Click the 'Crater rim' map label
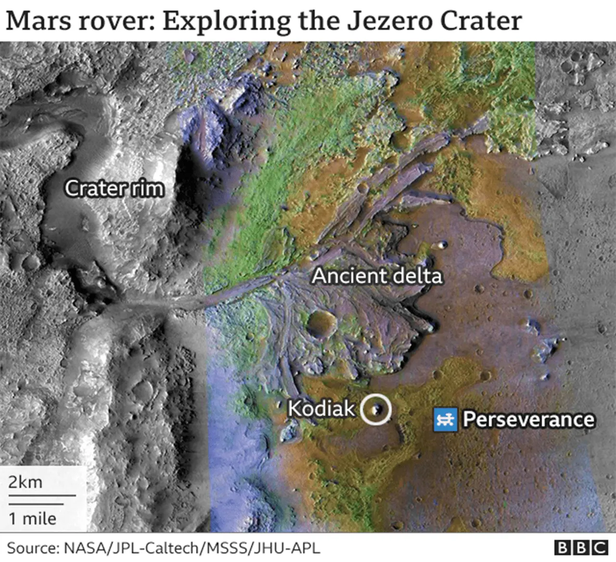click(x=114, y=188)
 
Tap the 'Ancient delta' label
click(x=377, y=276)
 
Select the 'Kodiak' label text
click(x=321, y=409)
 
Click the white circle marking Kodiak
click(x=376, y=409)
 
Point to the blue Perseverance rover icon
click(x=445, y=419)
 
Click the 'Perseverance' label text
click(x=528, y=419)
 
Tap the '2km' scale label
click(x=26, y=482)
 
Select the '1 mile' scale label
click(x=32, y=518)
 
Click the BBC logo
click(x=581, y=548)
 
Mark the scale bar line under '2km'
click(x=42, y=495)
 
